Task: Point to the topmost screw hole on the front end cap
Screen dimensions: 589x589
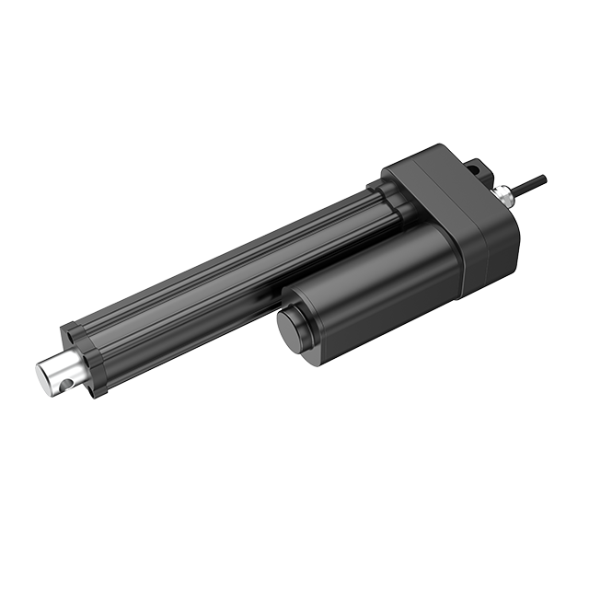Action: tap(68, 329)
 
